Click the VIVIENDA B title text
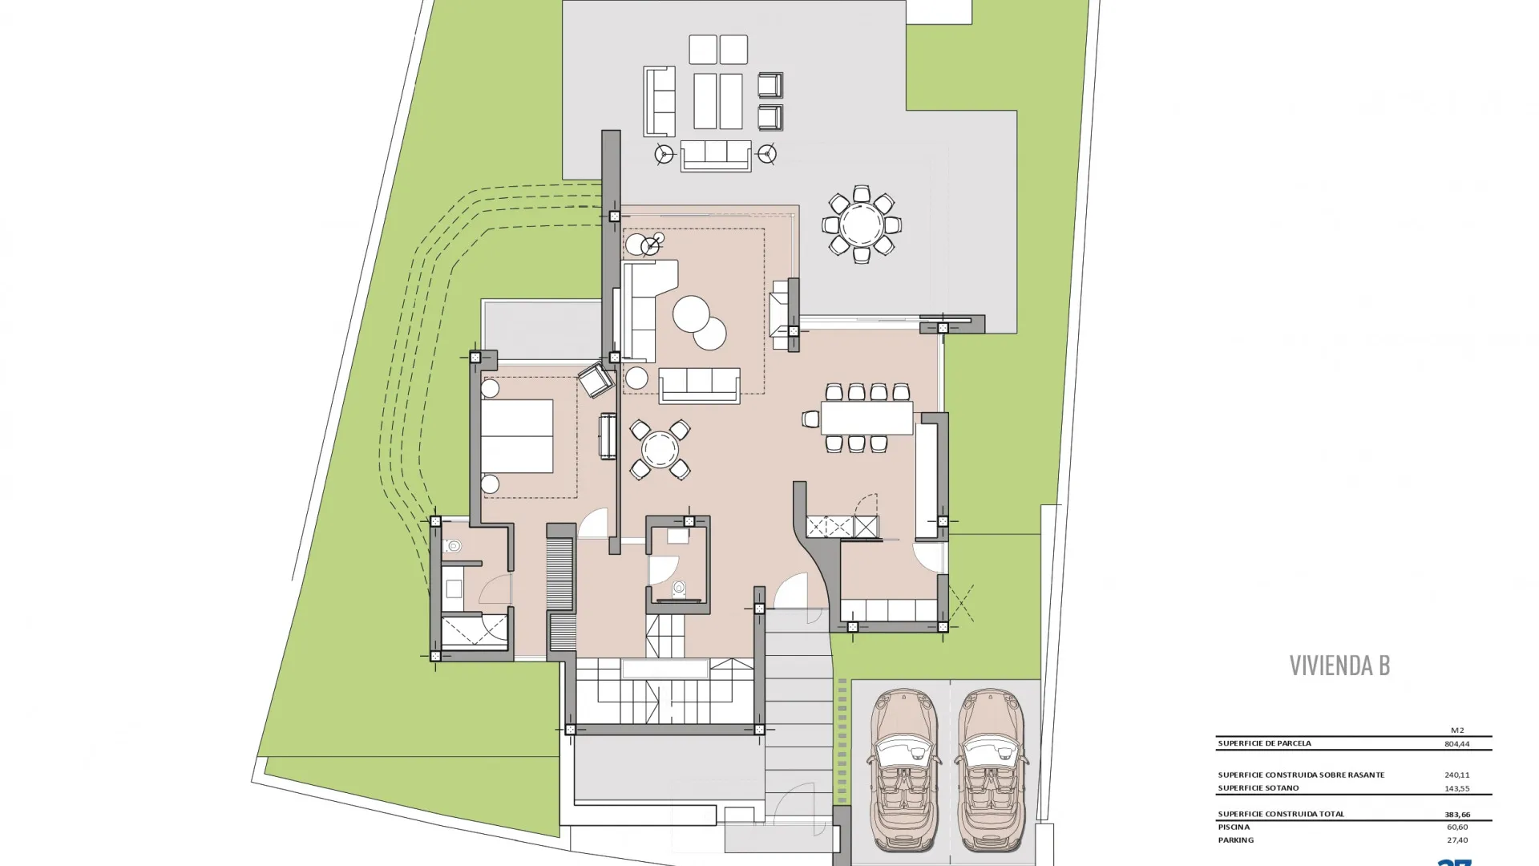click(x=1339, y=665)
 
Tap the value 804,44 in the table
click(x=1457, y=743)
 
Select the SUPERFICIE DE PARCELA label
click(x=1264, y=743)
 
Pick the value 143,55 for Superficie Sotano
click(x=1457, y=788)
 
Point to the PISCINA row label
click(x=1234, y=827)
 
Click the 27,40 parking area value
click(x=1457, y=840)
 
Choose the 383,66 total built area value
click(x=1457, y=815)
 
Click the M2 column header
click(x=1457, y=730)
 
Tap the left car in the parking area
click(x=903, y=770)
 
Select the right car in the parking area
click(x=992, y=770)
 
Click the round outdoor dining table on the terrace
click(x=862, y=225)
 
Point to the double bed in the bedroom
click(x=517, y=436)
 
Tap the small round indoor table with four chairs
click(x=660, y=450)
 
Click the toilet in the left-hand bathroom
click(x=452, y=547)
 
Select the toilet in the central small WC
click(x=679, y=589)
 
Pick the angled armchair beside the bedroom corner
click(x=596, y=380)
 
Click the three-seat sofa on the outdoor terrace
click(x=716, y=156)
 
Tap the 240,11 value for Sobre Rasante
click(x=1457, y=775)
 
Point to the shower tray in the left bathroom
click(x=475, y=631)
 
